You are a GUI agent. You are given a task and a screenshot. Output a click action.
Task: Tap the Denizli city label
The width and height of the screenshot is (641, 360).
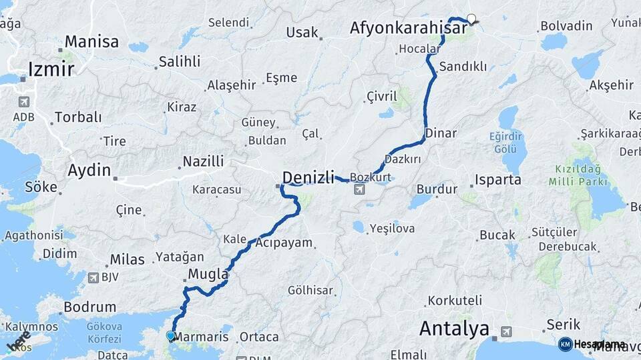pos(308,177)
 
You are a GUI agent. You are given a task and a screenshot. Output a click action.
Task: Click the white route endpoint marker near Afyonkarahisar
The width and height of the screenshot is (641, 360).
pos(472,19)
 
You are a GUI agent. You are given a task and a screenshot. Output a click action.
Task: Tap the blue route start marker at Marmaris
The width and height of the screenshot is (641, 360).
pos(171,336)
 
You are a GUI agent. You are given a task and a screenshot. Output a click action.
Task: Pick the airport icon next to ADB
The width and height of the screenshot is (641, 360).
pos(24,103)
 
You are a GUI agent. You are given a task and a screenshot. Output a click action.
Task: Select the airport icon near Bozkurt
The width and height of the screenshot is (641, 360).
pos(360,190)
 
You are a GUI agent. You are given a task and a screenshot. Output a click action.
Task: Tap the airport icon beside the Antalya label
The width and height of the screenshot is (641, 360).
pos(505,331)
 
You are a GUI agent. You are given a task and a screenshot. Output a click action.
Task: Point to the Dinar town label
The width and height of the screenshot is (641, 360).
pos(441,133)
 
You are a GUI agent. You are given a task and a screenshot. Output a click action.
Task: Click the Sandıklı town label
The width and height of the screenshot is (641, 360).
pos(463,67)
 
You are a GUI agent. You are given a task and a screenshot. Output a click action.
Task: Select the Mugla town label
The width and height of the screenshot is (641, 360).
pos(208,274)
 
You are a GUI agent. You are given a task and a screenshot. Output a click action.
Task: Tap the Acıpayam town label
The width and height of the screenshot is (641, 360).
pos(284,243)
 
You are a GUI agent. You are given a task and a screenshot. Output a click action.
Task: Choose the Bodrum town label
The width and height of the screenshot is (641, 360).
pos(89,307)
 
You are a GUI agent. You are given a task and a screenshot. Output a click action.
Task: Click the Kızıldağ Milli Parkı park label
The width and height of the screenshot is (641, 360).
pos(578,175)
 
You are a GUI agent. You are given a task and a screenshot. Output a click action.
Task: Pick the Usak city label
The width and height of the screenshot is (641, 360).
pos(302,32)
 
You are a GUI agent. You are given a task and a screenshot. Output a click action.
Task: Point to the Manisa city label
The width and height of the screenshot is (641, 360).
pos(92,41)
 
